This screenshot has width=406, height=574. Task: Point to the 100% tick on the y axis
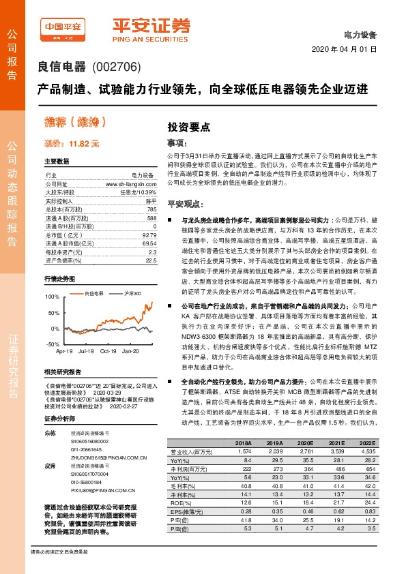51,297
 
